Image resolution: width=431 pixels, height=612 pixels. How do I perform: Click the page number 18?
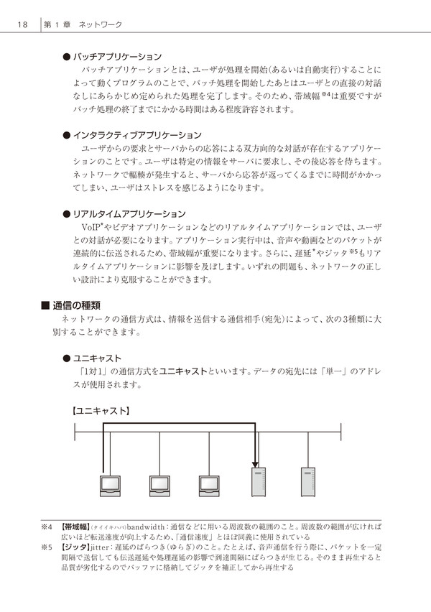click(23, 24)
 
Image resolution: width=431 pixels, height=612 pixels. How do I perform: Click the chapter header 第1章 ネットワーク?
click(83, 24)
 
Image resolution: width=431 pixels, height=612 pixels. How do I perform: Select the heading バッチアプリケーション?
click(117, 57)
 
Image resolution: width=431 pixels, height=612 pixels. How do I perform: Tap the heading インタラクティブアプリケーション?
click(137, 135)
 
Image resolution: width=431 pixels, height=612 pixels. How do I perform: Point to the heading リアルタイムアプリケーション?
click(129, 214)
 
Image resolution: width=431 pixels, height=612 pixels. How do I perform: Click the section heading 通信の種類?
click(77, 305)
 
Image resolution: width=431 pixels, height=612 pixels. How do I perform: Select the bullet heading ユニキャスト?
click(97, 358)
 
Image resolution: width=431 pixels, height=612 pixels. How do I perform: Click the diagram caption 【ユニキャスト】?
click(101, 411)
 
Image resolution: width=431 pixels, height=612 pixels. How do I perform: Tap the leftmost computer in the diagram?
click(110, 486)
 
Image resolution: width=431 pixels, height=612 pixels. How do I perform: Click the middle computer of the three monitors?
click(159, 486)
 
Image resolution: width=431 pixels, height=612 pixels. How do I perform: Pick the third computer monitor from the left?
click(209, 486)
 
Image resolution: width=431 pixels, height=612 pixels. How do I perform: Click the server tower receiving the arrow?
click(259, 482)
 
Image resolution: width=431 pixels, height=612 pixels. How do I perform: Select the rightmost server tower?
click(308, 482)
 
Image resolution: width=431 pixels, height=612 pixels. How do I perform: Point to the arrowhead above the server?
click(255, 465)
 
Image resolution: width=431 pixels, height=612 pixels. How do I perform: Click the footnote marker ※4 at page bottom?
click(47, 527)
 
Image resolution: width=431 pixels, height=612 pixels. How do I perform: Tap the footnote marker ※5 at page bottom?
click(47, 547)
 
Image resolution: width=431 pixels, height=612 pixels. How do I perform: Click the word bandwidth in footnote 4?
click(146, 527)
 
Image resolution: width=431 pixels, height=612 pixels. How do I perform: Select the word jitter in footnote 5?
click(100, 547)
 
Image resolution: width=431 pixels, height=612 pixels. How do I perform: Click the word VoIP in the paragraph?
click(91, 227)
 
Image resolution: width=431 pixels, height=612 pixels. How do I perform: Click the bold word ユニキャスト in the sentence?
click(183, 371)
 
